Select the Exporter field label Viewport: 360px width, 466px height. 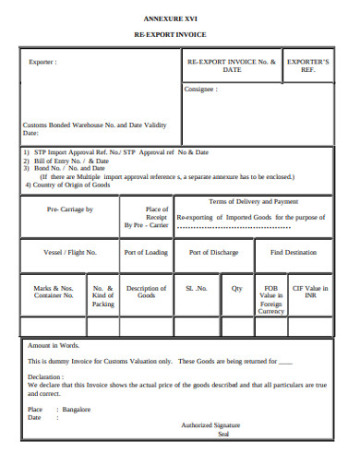(x=42, y=62)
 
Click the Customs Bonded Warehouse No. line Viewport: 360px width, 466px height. (x=93, y=125)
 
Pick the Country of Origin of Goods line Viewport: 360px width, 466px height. (x=68, y=185)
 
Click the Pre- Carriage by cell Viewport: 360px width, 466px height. (x=70, y=209)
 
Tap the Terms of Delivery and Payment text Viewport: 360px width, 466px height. (x=253, y=201)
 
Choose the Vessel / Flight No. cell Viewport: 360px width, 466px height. (x=70, y=252)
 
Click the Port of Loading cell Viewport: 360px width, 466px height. (x=146, y=252)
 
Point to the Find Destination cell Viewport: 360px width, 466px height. (x=293, y=252)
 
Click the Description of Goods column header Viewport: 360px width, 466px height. (x=146, y=292)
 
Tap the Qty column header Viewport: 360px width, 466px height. (x=236, y=288)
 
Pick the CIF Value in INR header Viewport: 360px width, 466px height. (x=310, y=292)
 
